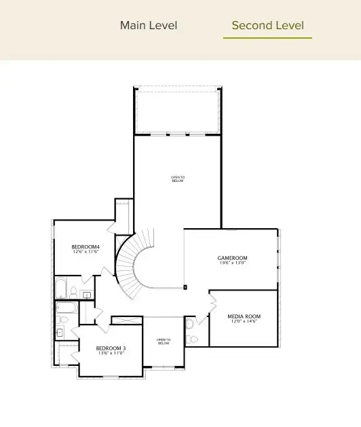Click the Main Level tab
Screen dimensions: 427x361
[149, 26]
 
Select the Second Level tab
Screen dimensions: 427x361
[267, 26]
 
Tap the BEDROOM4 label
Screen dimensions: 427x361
[85, 246]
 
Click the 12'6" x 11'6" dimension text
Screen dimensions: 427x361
[85, 252]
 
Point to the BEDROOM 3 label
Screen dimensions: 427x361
[111, 348]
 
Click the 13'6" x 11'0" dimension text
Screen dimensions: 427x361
[111, 354]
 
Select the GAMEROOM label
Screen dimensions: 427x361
[232, 258]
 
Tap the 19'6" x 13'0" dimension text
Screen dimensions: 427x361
[232, 263]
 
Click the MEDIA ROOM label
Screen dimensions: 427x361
[244, 316]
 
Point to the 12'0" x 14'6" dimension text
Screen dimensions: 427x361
[244, 322]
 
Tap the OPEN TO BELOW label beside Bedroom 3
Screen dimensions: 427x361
[164, 341]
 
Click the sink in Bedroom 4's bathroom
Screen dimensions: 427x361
[87, 295]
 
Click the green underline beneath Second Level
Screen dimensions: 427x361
[267, 38]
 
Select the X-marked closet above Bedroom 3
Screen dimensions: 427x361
[127, 320]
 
